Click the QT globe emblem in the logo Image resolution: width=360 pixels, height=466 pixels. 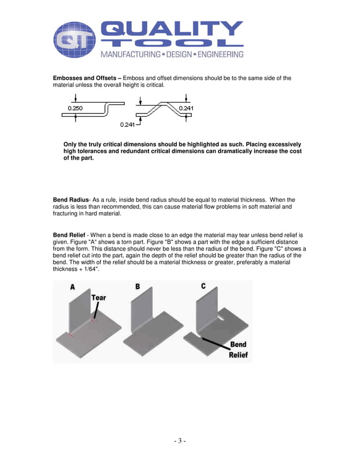click(74, 40)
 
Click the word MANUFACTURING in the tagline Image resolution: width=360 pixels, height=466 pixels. click(129, 55)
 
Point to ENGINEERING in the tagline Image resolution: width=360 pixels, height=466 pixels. click(221, 55)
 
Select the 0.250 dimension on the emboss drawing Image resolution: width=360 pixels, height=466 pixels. click(75, 108)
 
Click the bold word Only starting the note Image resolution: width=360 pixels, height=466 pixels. click(71, 144)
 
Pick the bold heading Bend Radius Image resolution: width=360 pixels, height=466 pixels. click(71, 200)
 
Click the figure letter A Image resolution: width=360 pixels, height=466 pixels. click(72, 287)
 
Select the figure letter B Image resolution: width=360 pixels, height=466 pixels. click(137, 287)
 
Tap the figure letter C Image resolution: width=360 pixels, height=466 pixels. click(203, 287)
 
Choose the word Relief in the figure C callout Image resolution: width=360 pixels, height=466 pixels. click(238, 355)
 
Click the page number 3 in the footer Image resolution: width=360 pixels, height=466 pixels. click(179, 441)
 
